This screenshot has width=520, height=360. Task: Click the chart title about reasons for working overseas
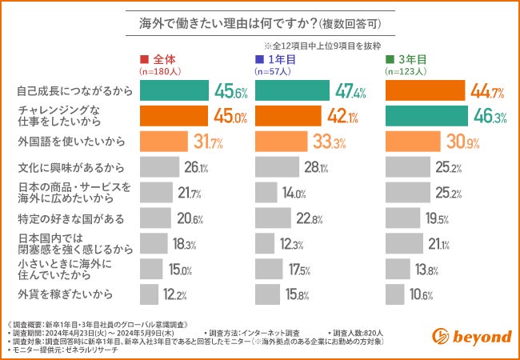click(259, 25)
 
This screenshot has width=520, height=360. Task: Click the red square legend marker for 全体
click(144, 59)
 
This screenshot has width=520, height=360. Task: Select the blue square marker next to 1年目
click(259, 59)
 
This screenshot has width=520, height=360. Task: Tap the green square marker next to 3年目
click(390, 59)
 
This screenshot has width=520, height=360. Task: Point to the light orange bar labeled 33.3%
click(283, 142)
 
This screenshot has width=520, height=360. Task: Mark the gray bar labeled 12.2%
click(150, 294)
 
